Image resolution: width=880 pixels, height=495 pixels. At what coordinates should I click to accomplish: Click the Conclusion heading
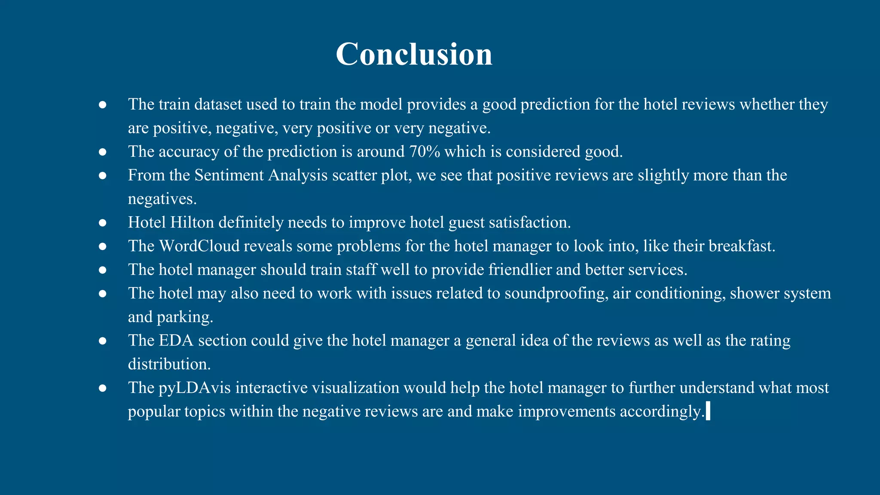point(414,54)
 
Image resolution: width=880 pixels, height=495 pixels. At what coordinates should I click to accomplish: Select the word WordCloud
point(199,246)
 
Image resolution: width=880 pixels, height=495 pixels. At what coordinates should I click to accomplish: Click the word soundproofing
point(556,293)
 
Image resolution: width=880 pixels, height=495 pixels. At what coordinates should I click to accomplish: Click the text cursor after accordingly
point(708,411)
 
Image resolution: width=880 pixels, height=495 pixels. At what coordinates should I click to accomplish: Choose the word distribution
point(169,364)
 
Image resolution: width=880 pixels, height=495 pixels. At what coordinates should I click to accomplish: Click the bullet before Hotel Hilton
point(102,223)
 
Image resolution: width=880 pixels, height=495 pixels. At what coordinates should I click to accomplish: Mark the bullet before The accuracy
point(102,152)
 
